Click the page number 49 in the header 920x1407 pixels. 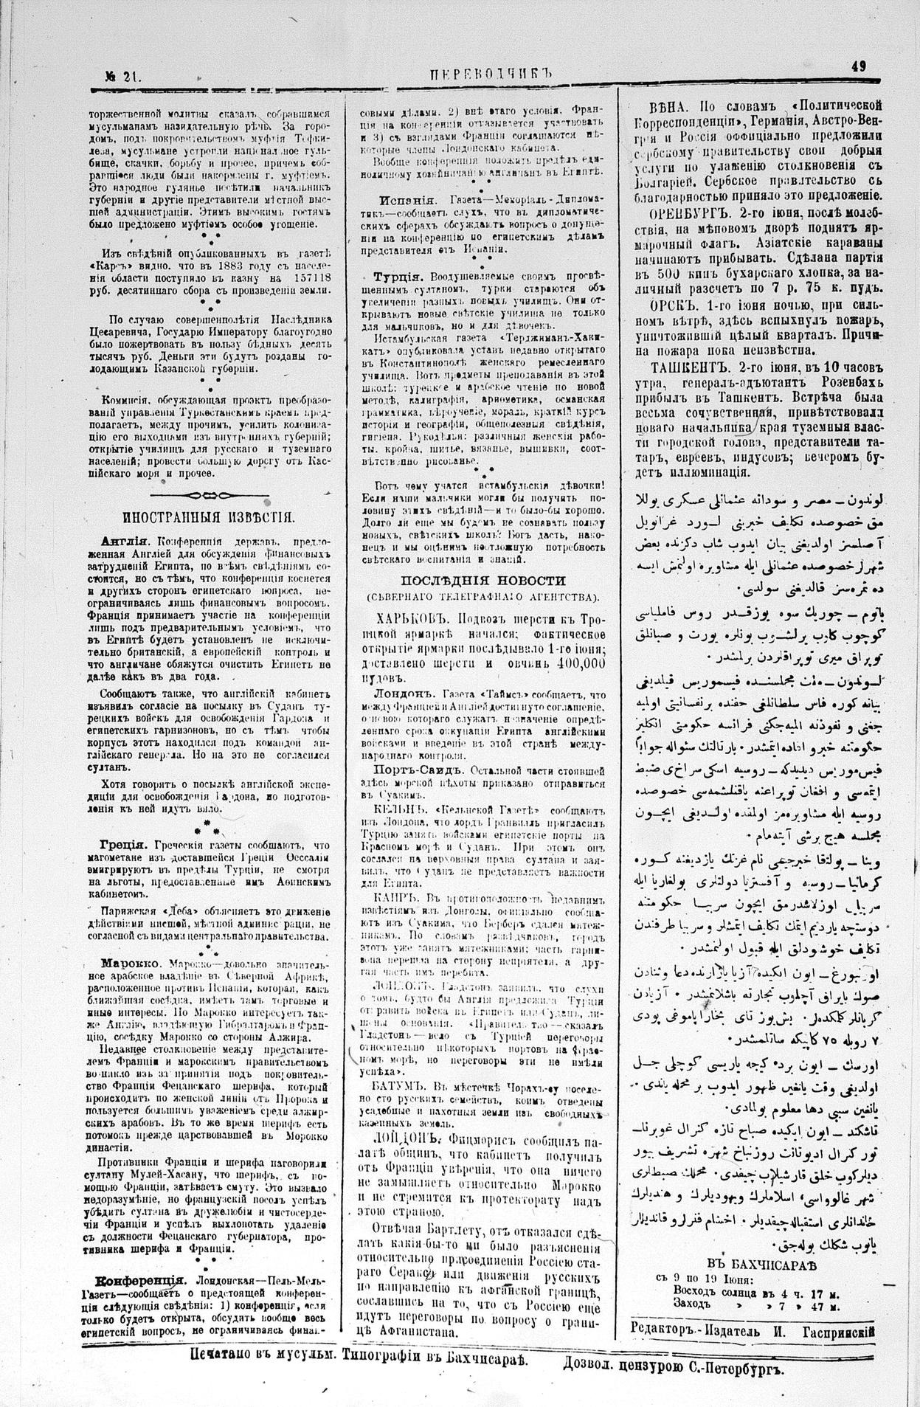tap(858, 66)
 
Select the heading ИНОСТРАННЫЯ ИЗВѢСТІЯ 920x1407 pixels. tap(210, 516)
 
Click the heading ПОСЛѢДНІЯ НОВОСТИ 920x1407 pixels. tap(483, 580)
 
